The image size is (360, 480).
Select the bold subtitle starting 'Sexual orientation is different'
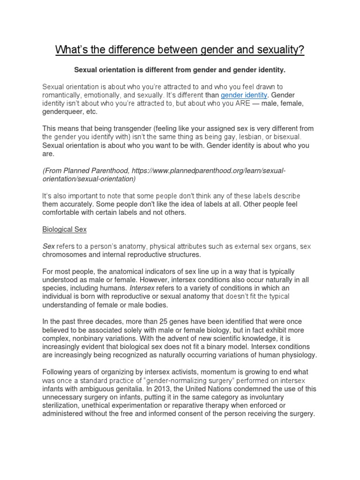pyautogui.click(x=180, y=70)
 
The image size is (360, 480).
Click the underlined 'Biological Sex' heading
pyautogui.click(x=64, y=230)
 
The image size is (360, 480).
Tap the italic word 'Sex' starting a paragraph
pyautogui.click(x=49, y=246)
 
